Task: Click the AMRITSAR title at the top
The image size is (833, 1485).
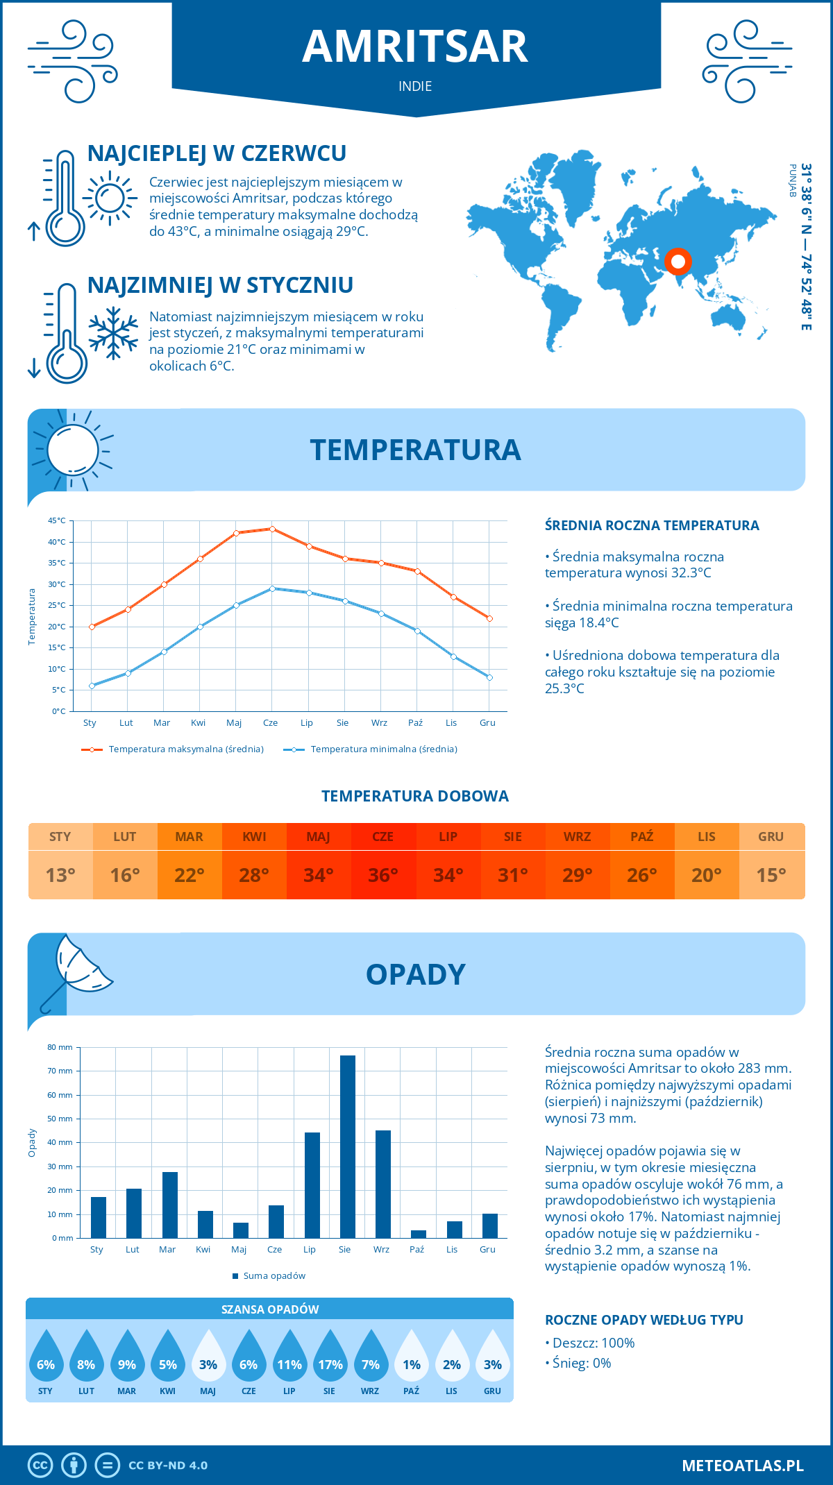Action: point(415,46)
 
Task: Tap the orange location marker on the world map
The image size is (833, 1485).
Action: point(678,262)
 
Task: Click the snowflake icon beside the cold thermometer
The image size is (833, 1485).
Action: point(113,333)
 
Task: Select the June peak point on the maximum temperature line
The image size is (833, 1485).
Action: point(272,529)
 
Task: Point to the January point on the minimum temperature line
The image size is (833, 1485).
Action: point(92,686)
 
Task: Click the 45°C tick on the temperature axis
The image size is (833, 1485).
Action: point(57,520)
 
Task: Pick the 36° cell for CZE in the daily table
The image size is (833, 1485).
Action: point(383,875)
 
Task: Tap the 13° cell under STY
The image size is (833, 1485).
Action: point(60,875)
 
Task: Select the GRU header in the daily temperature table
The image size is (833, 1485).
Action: point(771,837)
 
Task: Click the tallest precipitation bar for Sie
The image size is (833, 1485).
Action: point(348,1146)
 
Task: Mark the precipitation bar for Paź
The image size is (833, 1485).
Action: point(419,1234)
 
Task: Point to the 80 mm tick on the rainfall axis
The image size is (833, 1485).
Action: point(60,1047)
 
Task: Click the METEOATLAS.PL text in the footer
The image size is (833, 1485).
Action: point(743,1466)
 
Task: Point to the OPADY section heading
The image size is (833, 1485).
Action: point(415,974)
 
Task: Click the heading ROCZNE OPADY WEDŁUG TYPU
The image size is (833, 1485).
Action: point(643,1320)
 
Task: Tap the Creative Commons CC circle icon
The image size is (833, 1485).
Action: point(40,1466)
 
